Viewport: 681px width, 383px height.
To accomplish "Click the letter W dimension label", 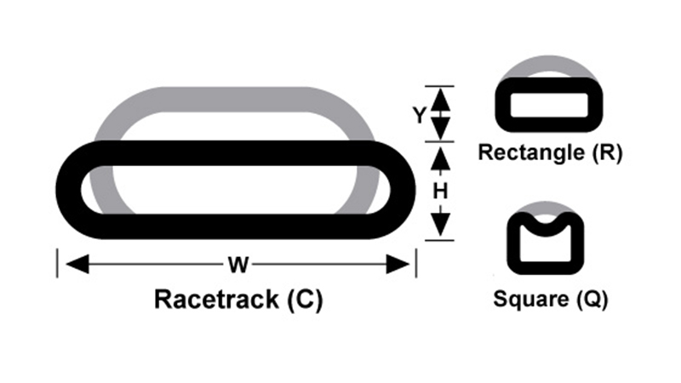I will tap(238, 266).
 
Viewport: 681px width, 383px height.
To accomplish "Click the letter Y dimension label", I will tap(419, 115).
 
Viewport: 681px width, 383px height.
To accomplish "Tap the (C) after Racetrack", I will tap(304, 300).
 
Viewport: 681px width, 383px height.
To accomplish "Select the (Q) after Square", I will tap(589, 300).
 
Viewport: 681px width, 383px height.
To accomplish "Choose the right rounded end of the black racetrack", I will tap(400, 190).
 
